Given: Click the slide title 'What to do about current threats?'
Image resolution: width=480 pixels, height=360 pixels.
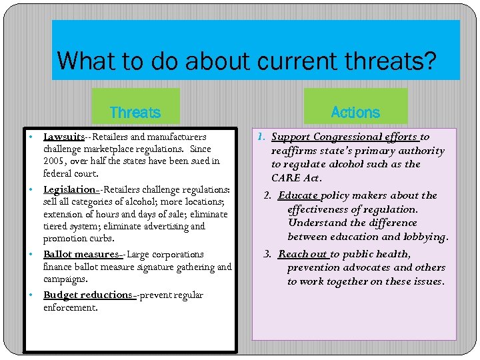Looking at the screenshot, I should (247, 61).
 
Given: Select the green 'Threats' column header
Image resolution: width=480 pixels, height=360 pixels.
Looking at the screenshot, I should (135, 112).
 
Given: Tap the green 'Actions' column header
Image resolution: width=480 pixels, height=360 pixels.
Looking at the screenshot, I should (355, 112).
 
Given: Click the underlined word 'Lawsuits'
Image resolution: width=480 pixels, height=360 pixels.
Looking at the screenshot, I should (64, 137).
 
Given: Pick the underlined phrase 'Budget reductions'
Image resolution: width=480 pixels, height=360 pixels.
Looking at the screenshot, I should (87, 295).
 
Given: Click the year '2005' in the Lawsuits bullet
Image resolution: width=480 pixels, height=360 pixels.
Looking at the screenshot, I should (54, 161).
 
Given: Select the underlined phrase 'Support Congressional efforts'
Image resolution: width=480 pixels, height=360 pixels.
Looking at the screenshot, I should (345, 137).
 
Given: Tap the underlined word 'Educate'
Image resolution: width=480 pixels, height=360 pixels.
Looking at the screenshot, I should (299, 195).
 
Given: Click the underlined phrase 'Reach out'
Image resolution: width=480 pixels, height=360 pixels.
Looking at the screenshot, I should (303, 254).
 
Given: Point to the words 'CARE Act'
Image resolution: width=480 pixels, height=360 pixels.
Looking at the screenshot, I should (295, 178).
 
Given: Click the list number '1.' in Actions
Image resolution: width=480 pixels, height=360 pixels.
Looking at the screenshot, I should (262, 137).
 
